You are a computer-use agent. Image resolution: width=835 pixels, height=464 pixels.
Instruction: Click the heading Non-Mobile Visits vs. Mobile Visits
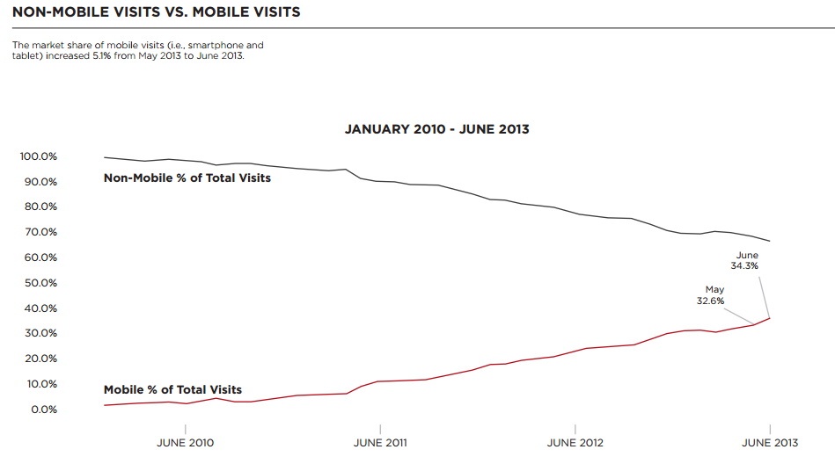coord(156,12)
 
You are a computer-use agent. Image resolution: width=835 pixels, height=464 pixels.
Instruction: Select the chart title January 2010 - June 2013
coord(436,129)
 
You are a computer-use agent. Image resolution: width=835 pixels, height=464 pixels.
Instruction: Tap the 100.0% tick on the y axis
coord(38,156)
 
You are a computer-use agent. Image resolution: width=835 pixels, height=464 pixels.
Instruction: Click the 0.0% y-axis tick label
coord(42,410)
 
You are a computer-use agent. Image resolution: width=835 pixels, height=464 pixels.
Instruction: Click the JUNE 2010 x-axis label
coord(185,443)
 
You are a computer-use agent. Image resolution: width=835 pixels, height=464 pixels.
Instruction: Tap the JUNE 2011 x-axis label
coord(380,443)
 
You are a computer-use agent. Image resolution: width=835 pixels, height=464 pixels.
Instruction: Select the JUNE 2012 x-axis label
coord(575,443)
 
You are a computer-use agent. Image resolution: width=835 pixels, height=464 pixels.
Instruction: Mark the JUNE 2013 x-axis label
coord(771,443)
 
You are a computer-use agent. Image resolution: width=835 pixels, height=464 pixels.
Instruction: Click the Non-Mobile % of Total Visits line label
coord(187,178)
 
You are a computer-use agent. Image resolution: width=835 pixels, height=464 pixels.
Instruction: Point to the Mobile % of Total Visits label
coord(172,390)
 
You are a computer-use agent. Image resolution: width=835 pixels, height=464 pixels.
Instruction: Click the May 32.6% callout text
coord(714,294)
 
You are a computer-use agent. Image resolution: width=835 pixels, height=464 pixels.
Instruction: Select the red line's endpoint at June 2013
coord(771,317)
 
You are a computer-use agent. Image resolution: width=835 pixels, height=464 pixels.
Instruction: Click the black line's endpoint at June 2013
coord(771,241)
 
